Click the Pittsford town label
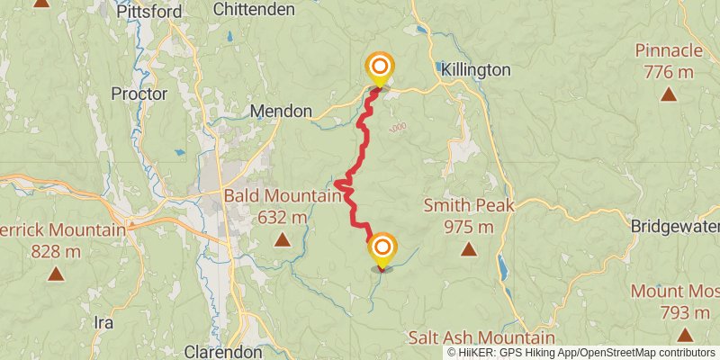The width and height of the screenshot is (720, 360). pyautogui.click(x=150, y=12)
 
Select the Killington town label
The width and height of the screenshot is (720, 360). pyautogui.click(x=476, y=69)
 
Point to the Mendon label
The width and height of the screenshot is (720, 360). pyautogui.click(x=281, y=112)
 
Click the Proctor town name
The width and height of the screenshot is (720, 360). pyautogui.click(x=139, y=93)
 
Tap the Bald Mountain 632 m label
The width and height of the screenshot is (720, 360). pyautogui.click(x=283, y=206)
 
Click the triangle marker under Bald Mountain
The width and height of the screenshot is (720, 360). pyautogui.click(x=283, y=239)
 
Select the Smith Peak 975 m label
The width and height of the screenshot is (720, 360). pyautogui.click(x=469, y=216)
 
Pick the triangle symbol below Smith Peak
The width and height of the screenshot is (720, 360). pyautogui.click(x=468, y=248)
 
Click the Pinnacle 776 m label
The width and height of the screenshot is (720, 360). pyautogui.click(x=669, y=60)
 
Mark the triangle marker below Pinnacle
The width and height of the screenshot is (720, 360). pyautogui.click(x=669, y=94)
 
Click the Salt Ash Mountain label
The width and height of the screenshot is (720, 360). pyautogui.click(x=481, y=337)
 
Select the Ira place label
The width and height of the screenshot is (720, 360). pyautogui.click(x=103, y=321)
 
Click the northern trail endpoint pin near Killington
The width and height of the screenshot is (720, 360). pyautogui.click(x=380, y=67)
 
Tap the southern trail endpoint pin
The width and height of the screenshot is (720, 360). pyautogui.click(x=382, y=247)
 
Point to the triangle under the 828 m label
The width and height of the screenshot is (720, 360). pyautogui.click(x=56, y=273)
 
